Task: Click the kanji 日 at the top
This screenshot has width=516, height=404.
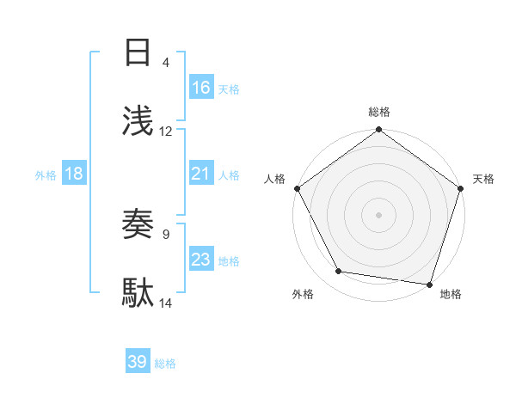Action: coord(138,52)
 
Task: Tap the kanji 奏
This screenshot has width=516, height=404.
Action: coord(138,224)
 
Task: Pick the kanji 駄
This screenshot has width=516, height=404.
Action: coord(138,293)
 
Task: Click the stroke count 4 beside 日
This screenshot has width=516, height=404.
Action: coord(166,62)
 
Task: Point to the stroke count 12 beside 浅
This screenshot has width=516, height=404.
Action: coord(166,132)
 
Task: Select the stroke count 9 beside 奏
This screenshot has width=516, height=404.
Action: coord(166,233)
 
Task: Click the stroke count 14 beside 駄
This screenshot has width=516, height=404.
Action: coord(166,303)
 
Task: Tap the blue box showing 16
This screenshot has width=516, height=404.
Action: coord(201,87)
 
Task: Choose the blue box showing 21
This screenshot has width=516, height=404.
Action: coord(201,174)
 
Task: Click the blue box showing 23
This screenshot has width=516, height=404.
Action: coord(201,260)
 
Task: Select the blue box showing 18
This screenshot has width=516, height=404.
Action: coord(74,174)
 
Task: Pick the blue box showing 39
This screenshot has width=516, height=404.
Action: coord(138,362)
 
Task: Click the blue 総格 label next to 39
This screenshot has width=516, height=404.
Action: coord(165,364)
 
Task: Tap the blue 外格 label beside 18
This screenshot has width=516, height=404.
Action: coord(46,175)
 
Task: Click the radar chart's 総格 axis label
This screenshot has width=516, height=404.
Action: coord(379,112)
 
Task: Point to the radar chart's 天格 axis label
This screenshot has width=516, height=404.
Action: coord(484,179)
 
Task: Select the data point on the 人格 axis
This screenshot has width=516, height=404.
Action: coord(297,188)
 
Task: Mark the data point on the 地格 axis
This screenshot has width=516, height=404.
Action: coord(429,284)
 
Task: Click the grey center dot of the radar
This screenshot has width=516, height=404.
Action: coord(379,214)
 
